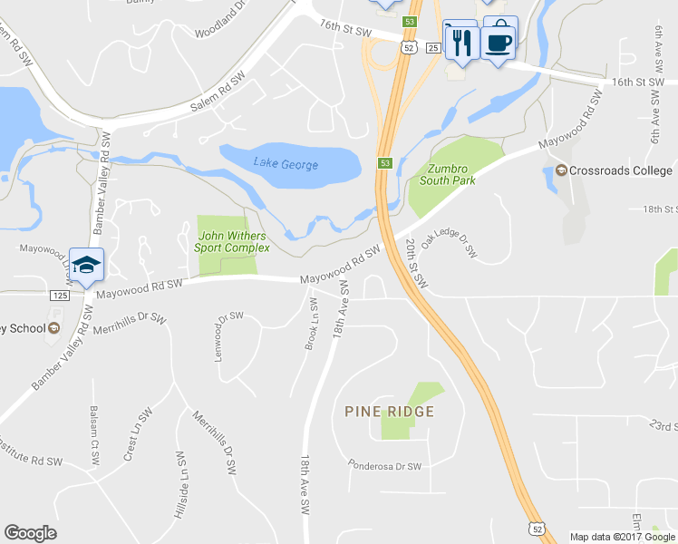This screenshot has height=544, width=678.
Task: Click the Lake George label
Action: pyautogui.click(x=286, y=164)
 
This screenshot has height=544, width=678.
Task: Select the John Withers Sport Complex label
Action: pyautogui.click(x=233, y=241)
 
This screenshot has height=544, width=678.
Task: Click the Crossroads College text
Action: pyautogui.click(x=620, y=170)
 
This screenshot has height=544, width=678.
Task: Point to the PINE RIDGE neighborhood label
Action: pyautogui.click(x=390, y=412)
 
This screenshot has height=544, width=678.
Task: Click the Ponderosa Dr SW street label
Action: pyautogui.click(x=385, y=466)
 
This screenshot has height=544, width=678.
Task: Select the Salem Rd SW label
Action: pyautogui.click(x=218, y=93)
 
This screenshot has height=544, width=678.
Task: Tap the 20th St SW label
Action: pyautogui.click(x=416, y=264)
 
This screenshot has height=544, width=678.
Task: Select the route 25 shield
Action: pyautogui.click(x=432, y=47)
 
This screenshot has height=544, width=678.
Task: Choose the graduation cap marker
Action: pyautogui.click(x=86, y=265)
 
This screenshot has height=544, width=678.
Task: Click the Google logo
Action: pyautogui.click(x=30, y=533)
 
